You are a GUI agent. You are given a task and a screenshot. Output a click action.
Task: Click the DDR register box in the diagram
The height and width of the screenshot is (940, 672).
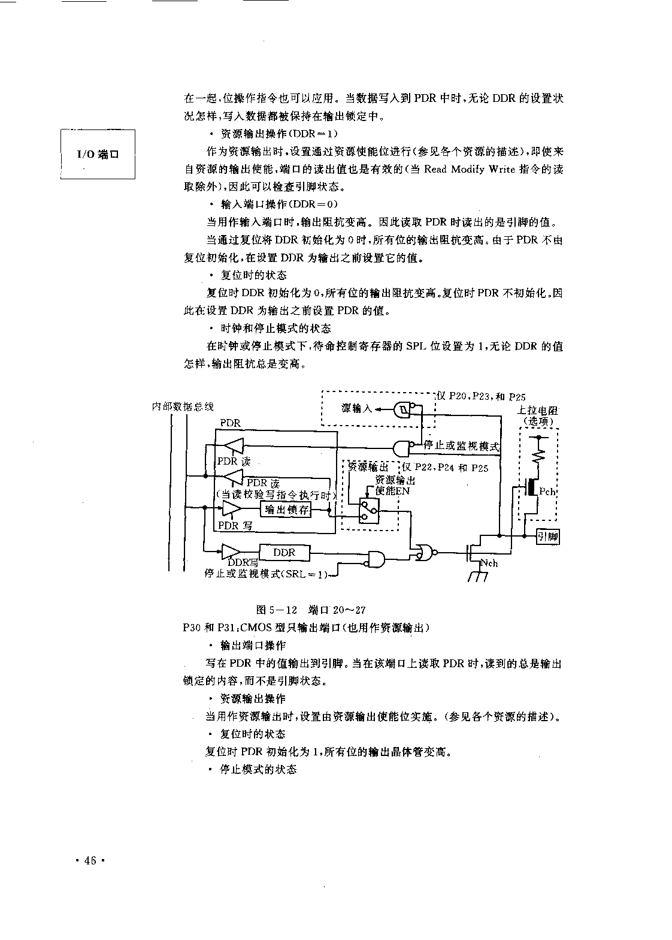pyautogui.click(x=284, y=553)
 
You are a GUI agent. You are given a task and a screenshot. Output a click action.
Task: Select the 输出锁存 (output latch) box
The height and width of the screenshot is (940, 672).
pyautogui.click(x=286, y=510)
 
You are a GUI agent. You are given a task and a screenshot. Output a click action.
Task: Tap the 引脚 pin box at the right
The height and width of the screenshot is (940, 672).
pyautogui.click(x=548, y=537)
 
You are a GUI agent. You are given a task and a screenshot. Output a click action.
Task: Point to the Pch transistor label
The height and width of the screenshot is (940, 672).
pyautogui.click(x=547, y=492)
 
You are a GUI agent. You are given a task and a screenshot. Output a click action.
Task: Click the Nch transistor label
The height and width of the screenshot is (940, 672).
pyautogui.click(x=489, y=563)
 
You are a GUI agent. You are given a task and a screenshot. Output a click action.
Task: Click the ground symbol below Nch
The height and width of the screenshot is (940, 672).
pyautogui.click(x=478, y=577)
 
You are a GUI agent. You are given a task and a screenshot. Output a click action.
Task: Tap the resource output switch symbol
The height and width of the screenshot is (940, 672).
pyautogui.click(x=369, y=511)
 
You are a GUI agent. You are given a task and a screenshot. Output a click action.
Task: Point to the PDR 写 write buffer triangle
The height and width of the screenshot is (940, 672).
pyautogui.click(x=232, y=508)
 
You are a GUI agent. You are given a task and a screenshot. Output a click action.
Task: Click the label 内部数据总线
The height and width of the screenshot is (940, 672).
pyautogui.click(x=183, y=406)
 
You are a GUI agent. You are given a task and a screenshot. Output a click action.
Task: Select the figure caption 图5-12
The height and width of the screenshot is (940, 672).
pyautogui.click(x=277, y=610)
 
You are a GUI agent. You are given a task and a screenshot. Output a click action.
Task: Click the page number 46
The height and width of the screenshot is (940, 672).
pyautogui.click(x=90, y=861)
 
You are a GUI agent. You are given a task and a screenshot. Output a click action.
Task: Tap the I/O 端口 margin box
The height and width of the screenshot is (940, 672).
pyautogui.click(x=98, y=155)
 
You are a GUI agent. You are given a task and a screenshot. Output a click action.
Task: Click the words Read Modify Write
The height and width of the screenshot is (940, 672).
pyautogui.click(x=470, y=169)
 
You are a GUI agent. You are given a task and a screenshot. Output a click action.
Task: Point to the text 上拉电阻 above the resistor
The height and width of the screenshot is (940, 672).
pyautogui.click(x=538, y=411)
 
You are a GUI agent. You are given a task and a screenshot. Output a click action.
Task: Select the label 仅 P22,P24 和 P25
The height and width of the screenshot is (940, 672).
pyautogui.click(x=445, y=468)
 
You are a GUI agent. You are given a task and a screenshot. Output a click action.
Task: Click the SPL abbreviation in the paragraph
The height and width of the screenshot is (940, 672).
pyautogui.click(x=416, y=347)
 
